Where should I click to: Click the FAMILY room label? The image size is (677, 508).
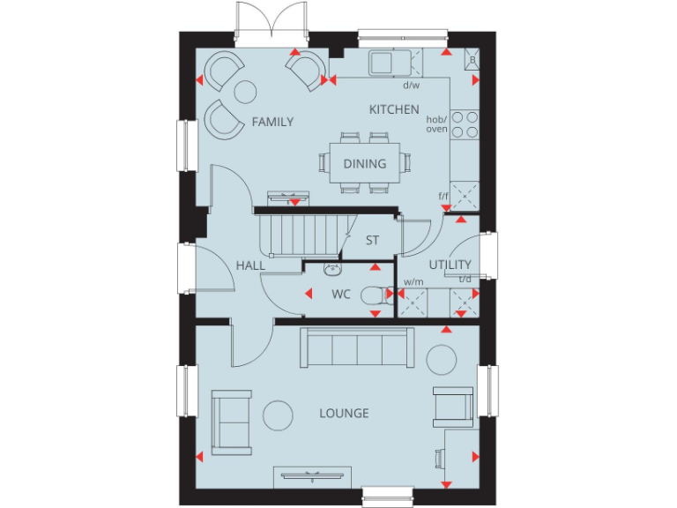click(272, 122)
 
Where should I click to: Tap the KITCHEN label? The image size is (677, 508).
click(394, 109)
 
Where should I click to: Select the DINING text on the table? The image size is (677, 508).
click(365, 163)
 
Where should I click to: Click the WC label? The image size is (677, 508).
click(341, 294)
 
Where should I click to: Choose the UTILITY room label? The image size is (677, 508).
click(450, 265)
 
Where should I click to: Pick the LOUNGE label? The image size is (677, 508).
click(344, 413)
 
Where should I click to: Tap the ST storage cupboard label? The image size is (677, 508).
click(372, 240)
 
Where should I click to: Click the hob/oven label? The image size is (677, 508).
click(437, 124)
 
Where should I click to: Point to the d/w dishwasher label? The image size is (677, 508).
click(411, 86)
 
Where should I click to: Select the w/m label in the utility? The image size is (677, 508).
click(413, 283)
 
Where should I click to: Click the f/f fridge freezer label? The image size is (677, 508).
click(443, 196)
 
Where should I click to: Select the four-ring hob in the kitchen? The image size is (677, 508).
click(465, 124)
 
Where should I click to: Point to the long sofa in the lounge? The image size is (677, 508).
click(357, 347)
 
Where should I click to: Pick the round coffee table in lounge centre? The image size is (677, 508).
click(280, 414)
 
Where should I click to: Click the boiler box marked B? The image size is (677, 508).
click(472, 59)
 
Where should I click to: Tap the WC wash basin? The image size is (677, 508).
click(332, 270)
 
